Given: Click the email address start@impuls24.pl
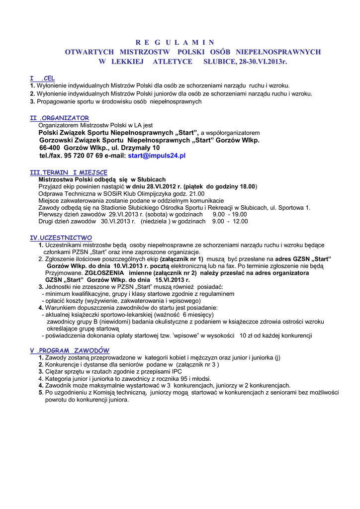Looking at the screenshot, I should point(157,156).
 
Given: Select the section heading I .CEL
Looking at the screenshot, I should point(42,79).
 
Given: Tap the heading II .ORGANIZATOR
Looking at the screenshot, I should point(60,118).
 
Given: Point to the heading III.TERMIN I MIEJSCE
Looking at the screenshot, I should point(69,172).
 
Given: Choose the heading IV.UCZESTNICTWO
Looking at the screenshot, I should point(61,238).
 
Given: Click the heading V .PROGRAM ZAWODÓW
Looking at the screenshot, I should point(70,350).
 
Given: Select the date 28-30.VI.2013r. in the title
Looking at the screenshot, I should point(263,62).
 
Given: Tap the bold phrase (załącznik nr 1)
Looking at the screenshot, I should point(181,259).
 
